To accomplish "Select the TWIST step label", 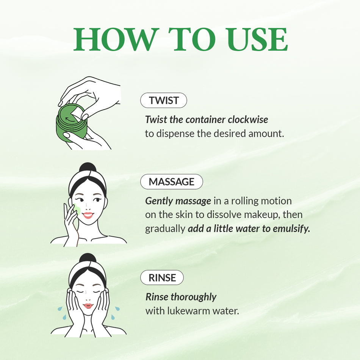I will coord(163,100).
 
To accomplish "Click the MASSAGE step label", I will coord(171,182).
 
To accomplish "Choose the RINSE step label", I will coord(162,278).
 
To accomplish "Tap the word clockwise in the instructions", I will coord(248,120).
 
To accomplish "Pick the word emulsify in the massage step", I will coord(291,229).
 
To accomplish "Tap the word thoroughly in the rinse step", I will coord(193,297).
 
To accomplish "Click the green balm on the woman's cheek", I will coord(77,209).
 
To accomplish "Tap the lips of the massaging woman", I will coord(88,215).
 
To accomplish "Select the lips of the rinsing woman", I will coord(88,306).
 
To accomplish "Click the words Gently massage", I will coord(178,201).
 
